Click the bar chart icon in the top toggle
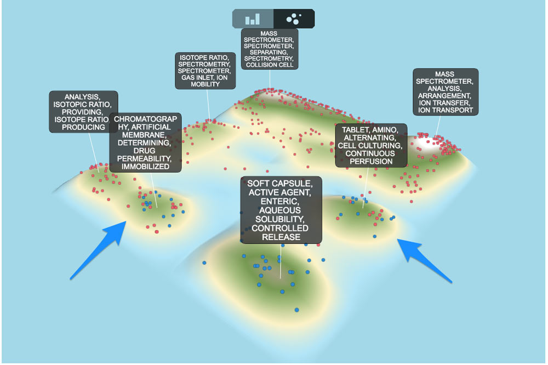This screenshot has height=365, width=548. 252,19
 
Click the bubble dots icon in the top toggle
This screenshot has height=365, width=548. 294,19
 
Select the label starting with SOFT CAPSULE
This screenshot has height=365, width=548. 281,210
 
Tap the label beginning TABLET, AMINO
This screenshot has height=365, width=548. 371,145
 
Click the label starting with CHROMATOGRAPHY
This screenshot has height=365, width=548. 145,142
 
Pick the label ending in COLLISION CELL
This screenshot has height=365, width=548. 270,49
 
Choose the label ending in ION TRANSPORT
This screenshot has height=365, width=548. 445,92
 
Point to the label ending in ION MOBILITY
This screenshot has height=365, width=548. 205,71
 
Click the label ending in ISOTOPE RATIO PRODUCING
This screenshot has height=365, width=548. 83,112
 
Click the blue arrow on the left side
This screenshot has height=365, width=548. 98,250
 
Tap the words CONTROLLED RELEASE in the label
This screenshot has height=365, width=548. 280,232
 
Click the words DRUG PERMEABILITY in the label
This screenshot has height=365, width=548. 144,155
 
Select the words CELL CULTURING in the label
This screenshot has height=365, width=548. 370,145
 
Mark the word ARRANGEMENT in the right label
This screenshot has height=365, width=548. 444,96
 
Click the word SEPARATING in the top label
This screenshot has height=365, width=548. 269,52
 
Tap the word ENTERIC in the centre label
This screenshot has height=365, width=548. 280,201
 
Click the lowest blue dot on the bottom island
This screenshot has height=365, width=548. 296,310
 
